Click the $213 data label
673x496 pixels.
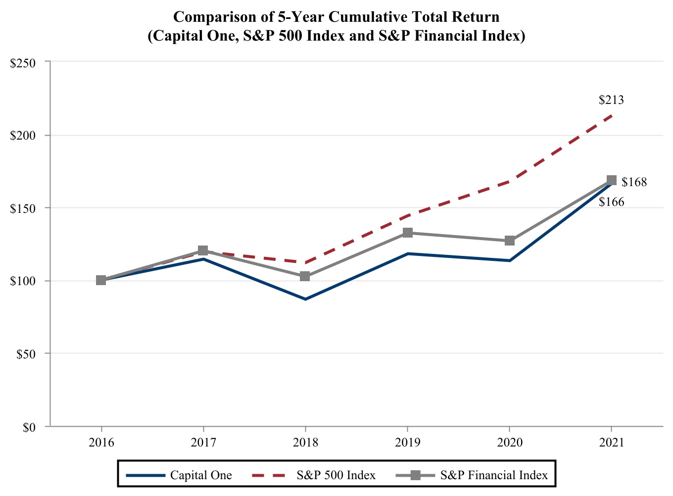click(611, 100)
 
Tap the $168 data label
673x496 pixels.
click(634, 183)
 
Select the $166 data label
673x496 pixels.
click(611, 202)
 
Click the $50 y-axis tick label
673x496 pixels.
click(27, 354)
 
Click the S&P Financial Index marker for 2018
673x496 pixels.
click(305, 276)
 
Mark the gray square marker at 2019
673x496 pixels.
click(407, 233)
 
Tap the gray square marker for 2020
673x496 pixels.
click(509, 241)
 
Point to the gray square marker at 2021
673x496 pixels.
click(611, 180)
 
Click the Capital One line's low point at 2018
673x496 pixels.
click(305, 299)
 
